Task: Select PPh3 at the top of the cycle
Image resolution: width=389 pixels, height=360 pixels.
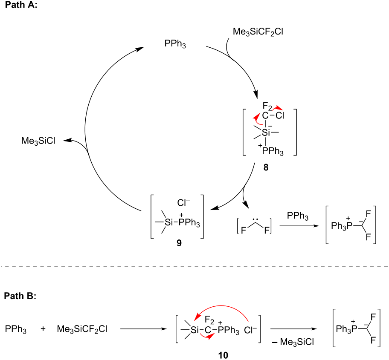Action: click(x=175, y=44)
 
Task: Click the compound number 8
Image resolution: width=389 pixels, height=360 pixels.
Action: click(x=266, y=168)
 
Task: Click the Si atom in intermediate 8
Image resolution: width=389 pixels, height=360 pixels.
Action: click(x=267, y=132)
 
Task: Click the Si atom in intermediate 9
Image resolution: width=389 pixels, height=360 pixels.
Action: click(x=169, y=221)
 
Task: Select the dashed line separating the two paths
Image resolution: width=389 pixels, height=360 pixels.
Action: click(x=194, y=267)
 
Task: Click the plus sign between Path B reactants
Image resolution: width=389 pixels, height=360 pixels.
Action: click(x=43, y=329)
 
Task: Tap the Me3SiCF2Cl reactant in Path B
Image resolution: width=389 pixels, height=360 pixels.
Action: click(x=83, y=329)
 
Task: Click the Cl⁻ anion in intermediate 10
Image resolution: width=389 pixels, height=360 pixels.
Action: click(x=252, y=330)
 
